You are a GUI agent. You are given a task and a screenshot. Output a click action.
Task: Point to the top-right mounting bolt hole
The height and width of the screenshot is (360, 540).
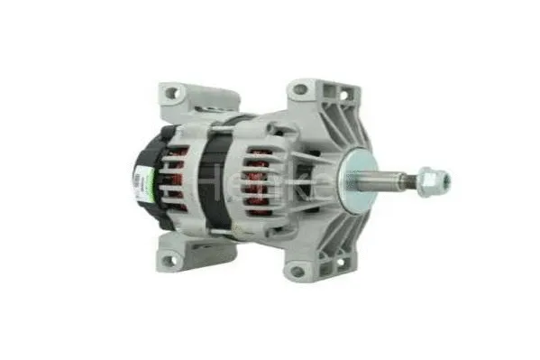click(x=299, y=90)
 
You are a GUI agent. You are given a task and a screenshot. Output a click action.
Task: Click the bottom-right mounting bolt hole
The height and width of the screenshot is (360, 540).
click(x=297, y=270)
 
